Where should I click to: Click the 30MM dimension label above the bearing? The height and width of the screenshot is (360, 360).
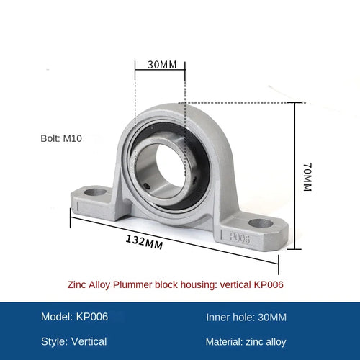[162, 65]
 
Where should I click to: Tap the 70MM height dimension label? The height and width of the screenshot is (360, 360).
[307, 177]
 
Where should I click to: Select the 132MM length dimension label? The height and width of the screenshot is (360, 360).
[145, 242]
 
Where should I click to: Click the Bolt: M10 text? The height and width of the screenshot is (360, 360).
[61, 138]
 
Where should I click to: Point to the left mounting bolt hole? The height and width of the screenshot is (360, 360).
[96, 192]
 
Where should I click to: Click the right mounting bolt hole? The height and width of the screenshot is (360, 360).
[261, 223]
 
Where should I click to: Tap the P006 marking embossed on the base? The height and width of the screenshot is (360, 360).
[240, 238]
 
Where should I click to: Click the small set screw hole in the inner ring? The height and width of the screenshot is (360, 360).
[146, 186]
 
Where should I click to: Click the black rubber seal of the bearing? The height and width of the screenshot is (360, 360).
[201, 168]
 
